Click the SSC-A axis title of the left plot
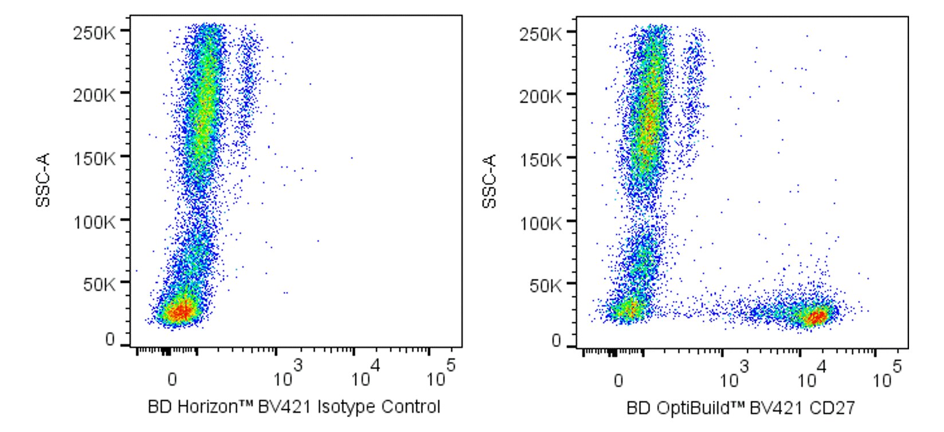coord(44,180)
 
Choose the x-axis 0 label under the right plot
coord(618,380)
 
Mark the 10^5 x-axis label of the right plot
coord(885,376)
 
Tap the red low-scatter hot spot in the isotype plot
coord(181,312)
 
